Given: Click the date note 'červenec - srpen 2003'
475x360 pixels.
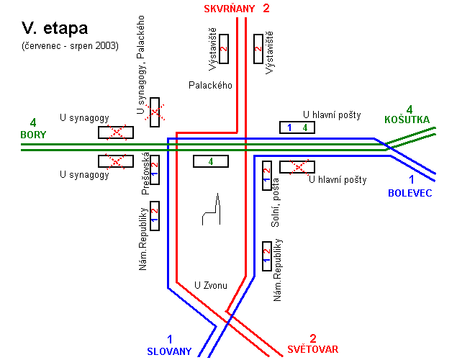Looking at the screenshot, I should pos(70,46).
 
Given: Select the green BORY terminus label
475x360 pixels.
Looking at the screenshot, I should pos(33,135).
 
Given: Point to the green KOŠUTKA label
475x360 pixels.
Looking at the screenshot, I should pos(407,120).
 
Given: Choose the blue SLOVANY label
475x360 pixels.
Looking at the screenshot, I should pos(170,351).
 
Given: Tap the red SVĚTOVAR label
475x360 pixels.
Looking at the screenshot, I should pos(312,349).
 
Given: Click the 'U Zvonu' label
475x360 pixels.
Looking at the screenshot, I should pos(212,286).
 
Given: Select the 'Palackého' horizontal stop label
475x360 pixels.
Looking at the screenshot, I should pos(210,85).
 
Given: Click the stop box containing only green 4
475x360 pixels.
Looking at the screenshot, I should pos(211,161).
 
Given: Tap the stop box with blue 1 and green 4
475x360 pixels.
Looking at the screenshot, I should pos(297,127).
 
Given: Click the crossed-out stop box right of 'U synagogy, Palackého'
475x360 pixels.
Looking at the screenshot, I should pos(154,112).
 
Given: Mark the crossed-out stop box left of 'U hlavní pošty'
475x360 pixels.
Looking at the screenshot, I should pos(297,167).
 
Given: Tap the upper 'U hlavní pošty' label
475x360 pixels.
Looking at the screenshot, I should pos(331,114).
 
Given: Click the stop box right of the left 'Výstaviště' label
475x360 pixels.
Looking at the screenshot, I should pos(224,48).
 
